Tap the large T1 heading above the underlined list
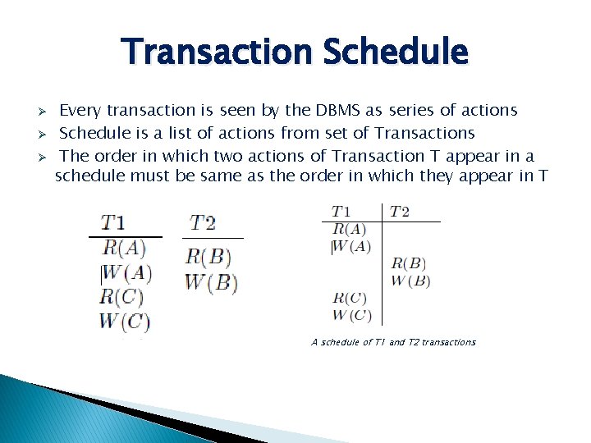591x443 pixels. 113,222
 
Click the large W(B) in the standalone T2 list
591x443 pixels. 211,284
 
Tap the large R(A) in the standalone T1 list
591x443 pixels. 125,247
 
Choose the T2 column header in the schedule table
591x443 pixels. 400,212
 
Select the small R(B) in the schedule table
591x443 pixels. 408,263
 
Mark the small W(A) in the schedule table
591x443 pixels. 351,245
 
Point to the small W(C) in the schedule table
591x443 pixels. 351,315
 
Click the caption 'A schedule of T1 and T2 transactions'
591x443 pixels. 393,342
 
